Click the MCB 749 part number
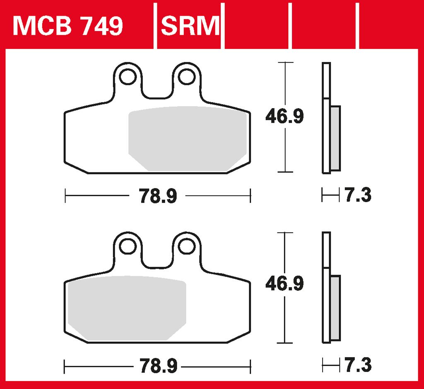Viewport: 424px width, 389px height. click(68, 26)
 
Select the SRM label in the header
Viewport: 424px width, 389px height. click(190, 26)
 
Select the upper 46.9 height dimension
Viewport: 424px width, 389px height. click(284, 117)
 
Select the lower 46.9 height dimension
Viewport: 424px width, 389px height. click(284, 284)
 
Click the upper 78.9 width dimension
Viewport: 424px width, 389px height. click(158, 196)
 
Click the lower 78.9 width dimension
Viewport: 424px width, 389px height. click(158, 366)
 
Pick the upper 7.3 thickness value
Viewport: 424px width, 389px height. click(358, 195)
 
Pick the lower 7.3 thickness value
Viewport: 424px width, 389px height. click(358, 365)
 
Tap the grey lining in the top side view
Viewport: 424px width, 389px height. click(335, 139)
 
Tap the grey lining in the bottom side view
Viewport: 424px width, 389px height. click(335, 309)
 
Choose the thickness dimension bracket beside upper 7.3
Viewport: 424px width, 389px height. click(330, 195)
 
